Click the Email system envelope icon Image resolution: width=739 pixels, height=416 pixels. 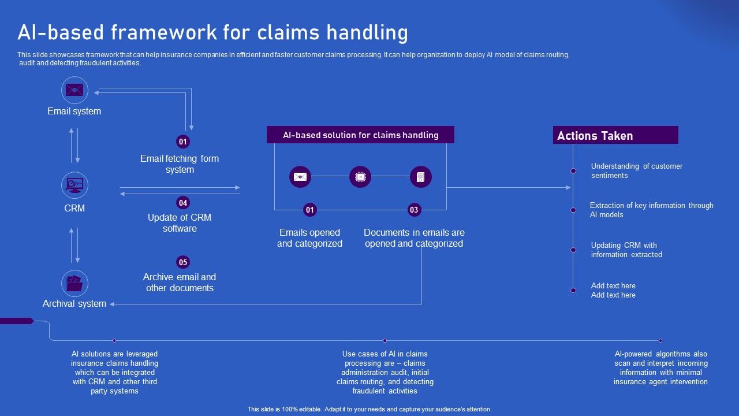coord(74,90)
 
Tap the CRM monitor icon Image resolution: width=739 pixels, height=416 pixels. coord(74,185)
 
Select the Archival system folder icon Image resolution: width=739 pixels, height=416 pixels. coord(74,284)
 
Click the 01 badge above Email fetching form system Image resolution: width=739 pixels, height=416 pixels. coord(183,142)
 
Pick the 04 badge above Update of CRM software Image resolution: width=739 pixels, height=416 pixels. coord(183,203)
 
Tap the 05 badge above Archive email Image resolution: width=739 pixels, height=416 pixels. coord(183,262)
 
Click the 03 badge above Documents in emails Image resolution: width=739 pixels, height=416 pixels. coord(414,210)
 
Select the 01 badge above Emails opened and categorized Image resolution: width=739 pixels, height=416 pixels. coord(310,210)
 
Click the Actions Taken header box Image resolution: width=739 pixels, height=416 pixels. coord(615,136)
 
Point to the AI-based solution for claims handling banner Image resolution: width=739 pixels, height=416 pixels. coord(360,135)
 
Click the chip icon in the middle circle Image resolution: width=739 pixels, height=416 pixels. coord(360,177)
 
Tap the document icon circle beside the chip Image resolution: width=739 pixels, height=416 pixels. coord(421,177)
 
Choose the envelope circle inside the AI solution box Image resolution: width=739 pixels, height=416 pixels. coord(300,177)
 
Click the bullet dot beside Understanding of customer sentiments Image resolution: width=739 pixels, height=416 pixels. coord(573,171)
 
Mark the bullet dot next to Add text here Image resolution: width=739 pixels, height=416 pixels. coord(573,291)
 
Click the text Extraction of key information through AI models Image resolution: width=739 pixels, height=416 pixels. coord(651,210)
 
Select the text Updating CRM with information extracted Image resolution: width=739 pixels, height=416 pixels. coord(626,250)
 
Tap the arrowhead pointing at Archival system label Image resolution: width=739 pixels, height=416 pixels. coord(113,304)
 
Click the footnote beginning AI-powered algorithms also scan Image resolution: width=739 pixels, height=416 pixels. coord(660,368)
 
